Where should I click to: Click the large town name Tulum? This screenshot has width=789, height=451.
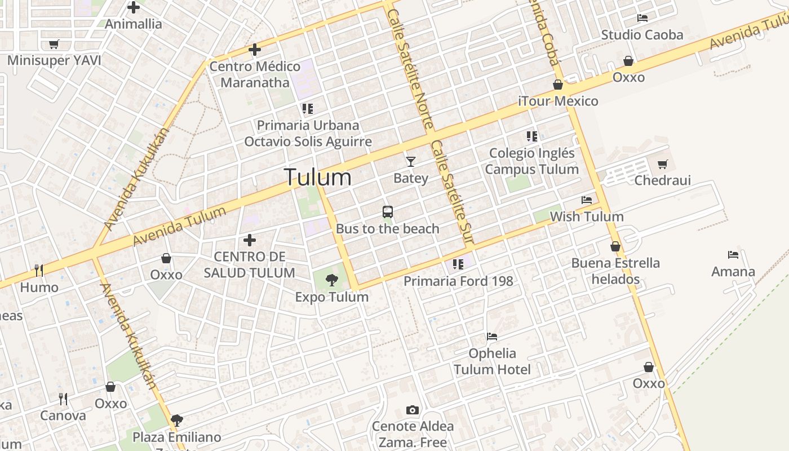tap(318, 178)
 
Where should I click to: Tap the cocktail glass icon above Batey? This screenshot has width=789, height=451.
tap(411, 162)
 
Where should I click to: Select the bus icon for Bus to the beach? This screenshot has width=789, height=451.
tap(388, 212)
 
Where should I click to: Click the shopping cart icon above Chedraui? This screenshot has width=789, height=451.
tap(662, 165)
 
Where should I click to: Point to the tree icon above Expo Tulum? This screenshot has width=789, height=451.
tap(332, 280)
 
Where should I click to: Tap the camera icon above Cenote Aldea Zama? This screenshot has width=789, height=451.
tap(413, 410)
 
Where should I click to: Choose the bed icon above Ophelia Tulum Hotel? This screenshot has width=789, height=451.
tap(492, 337)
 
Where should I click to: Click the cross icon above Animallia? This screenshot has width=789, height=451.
tap(134, 7)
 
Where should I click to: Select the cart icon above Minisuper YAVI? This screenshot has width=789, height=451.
tap(54, 44)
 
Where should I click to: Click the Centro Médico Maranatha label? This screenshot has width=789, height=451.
tap(255, 74)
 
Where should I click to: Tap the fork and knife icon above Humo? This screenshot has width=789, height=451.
tap(39, 271)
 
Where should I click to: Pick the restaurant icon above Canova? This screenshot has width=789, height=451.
tap(63, 399)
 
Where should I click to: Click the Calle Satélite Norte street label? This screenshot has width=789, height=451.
tap(410, 68)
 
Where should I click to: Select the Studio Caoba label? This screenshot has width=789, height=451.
tap(642, 35)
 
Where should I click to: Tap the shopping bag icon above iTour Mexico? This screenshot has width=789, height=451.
tap(558, 85)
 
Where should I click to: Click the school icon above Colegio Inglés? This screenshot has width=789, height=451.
tap(531, 136)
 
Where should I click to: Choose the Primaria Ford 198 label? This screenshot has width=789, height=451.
tap(458, 281)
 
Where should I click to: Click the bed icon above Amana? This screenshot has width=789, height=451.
tap(733, 255)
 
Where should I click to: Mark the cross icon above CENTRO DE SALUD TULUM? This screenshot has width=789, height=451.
tap(250, 241)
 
